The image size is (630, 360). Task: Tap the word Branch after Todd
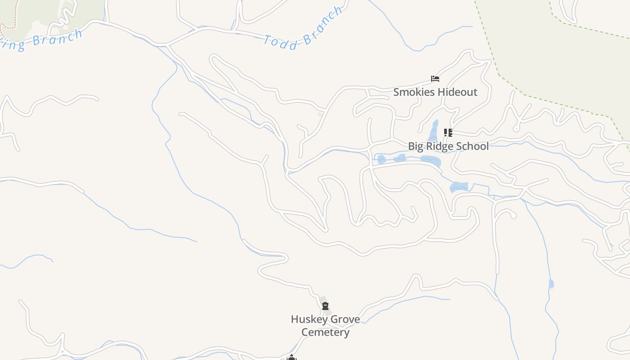click(323, 27)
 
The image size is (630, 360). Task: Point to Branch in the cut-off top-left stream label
click(58, 37)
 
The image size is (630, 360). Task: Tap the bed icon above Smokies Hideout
click(435, 79)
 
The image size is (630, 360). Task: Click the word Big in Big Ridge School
click(416, 146)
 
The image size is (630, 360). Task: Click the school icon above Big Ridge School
click(448, 133)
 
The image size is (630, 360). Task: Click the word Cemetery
click(325, 333)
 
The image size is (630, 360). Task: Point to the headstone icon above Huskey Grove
click(325, 306)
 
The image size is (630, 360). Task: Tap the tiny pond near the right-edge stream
click(551, 283)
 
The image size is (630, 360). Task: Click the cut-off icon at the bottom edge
click(292, 358)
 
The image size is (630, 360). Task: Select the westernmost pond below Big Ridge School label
click(382, 159)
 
